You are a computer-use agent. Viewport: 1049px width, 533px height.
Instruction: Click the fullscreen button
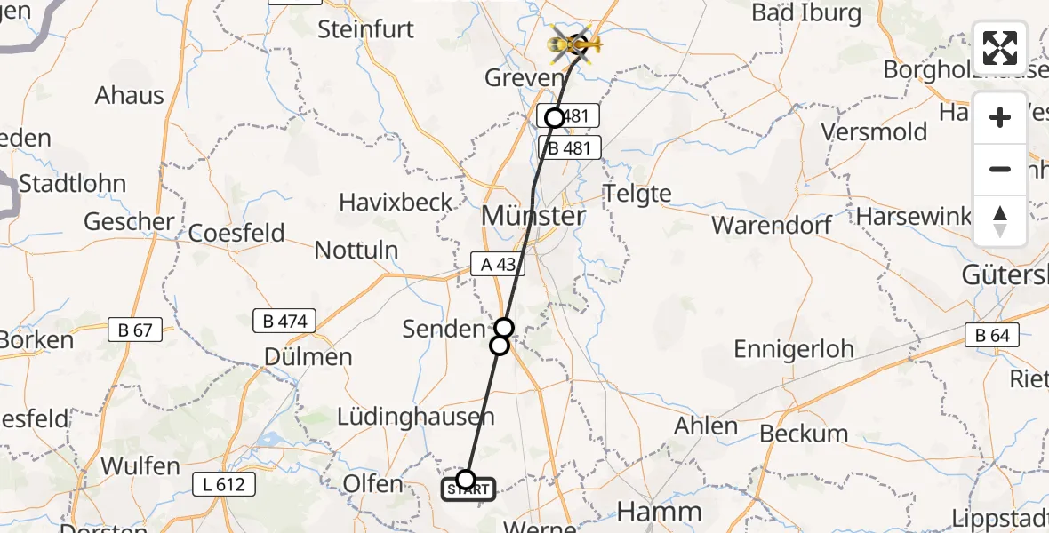[x=1000, y=48]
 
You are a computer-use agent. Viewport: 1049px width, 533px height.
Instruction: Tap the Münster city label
[x=533, y=216]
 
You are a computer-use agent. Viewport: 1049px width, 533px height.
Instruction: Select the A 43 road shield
[x=498, y=264]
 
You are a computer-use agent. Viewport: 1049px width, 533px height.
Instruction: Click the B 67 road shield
[x=135, y=330]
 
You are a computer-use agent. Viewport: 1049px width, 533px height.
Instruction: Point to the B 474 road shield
[x=284, y=321]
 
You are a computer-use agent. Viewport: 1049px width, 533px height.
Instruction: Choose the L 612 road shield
[x=223, y=484]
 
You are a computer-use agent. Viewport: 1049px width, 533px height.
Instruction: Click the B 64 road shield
[x=992, y=335]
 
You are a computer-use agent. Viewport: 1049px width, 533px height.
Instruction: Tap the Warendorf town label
[x=772, y=225]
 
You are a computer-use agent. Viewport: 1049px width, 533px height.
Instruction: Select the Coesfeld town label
[x=236, y=234]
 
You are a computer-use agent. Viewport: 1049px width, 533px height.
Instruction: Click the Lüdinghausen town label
[x=415, y=417]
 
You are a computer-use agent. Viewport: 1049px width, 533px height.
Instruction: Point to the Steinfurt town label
[x=366, y=29]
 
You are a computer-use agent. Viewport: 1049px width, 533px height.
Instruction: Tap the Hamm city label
[x=659, y=513]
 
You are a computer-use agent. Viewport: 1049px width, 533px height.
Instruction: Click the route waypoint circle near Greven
[x=555, y=117]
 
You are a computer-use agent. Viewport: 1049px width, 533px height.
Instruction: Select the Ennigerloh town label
[x=794, y=349]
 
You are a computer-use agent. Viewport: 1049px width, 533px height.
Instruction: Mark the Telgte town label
[x=637, y=193]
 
